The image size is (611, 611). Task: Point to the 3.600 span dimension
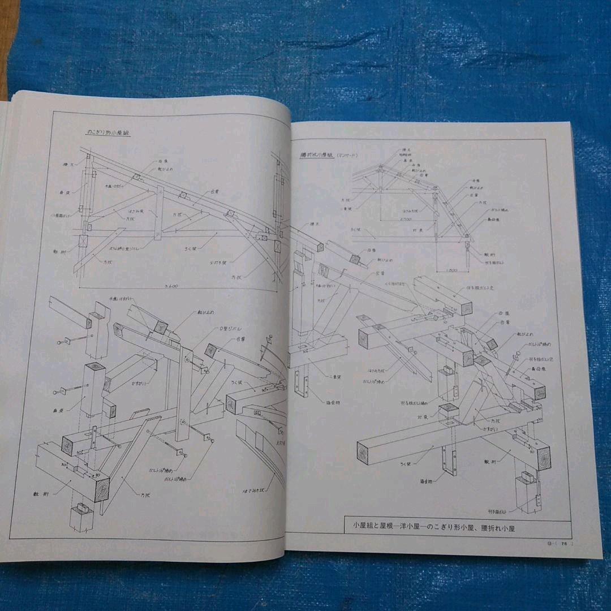pyautogui.click(x=171, y=286)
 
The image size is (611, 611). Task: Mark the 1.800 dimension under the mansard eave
pyautogui.click(x=451, y=270)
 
